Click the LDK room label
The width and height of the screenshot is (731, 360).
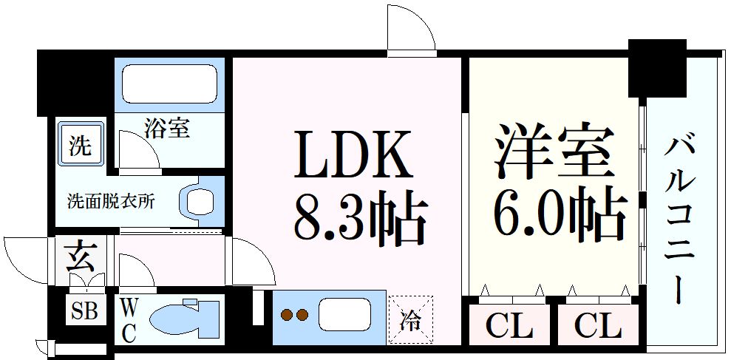pyautogui.click(x=353, y=154)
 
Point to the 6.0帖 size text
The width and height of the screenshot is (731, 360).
pyautogui.click(x=560, y=214)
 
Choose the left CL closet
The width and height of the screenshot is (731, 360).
pyautogui.click(x=509, y=326)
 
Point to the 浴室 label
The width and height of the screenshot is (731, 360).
pyautogui.click(x=167, y=128)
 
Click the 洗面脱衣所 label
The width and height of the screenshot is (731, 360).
pyautogui.click(x=111, y=201)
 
